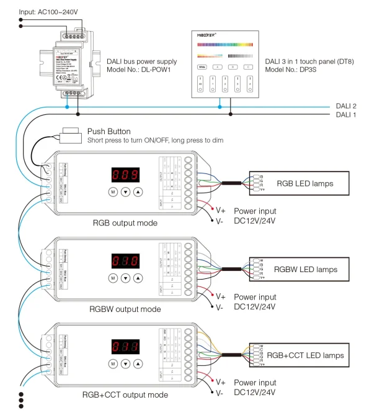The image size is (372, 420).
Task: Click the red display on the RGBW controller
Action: [122, 260]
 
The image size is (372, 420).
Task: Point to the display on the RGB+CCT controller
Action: [122, 347]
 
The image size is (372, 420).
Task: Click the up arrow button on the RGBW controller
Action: [138, 278]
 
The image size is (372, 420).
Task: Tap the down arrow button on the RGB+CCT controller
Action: [125, 364]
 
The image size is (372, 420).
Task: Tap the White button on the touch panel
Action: [203, 66]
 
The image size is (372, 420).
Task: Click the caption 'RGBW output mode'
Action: [125, 308]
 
